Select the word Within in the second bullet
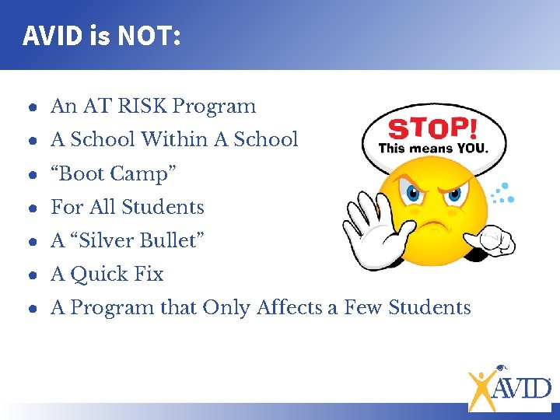coord(184,140)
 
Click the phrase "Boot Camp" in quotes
coord(114,173)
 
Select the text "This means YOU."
coord(432,148)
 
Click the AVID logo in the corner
coord(509,387)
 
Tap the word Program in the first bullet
coord(213,107)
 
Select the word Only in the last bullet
coord(226,308)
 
